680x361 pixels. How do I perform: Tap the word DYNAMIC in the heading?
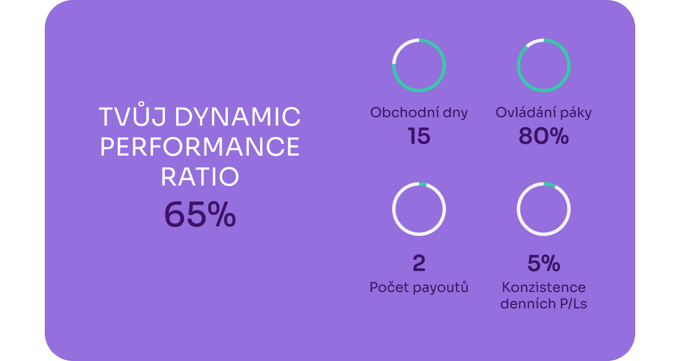pos(237,117)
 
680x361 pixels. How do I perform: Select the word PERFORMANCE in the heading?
pos(199,147)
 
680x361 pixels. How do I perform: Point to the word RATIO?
pos(199,177)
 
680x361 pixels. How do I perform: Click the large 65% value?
pos(199,214)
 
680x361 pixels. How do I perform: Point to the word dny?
pos(456,114)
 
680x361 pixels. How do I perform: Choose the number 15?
pos(419,136)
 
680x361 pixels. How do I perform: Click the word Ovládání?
pos(526,112)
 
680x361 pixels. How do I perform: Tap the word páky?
pos(576,113)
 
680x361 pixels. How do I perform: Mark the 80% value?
pos(543,136)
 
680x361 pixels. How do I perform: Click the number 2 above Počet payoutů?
pos(419,263)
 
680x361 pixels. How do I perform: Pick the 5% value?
pos(543,263)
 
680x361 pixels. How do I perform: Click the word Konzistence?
pos(543,287)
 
